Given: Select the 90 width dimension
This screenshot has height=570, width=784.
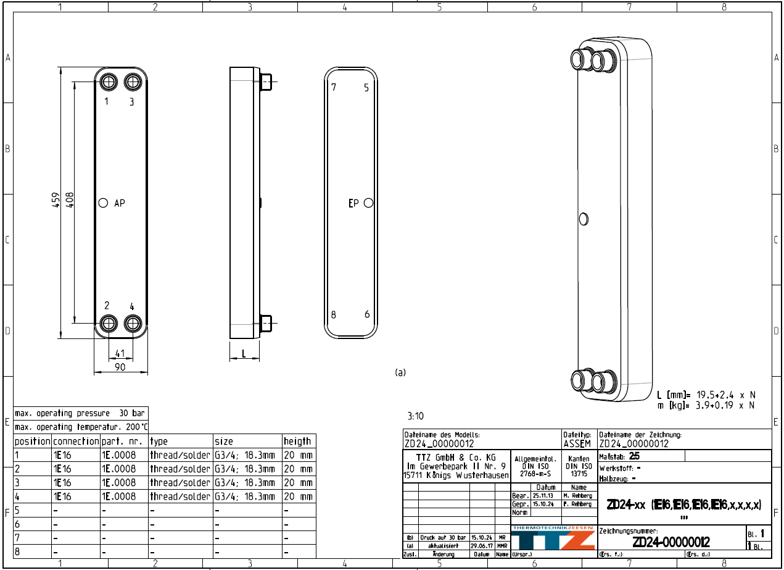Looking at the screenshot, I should pyautogui.click(x=120, y=367).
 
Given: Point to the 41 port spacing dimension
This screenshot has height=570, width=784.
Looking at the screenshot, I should pyautogui.click(x=120, y=354).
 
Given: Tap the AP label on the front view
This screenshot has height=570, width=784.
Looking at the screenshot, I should pyautogui.click(x=119, y=203).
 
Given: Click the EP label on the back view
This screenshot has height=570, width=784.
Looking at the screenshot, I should pyautogui.click(x=353, y=203).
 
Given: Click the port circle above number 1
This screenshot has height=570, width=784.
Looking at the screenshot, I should pyautogui.click(x=109, y=82).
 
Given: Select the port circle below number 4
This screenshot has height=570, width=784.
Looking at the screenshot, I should pyautogui.click(x=133, y=323).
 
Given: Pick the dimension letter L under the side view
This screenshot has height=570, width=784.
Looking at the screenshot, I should pyautogui.click(x=244, y=354).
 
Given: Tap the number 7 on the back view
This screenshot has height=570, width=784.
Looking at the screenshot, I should pyautogui.click(x=334, y=87).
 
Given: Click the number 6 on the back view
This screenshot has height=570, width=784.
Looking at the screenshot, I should pyautogui.click(x=367, y=314).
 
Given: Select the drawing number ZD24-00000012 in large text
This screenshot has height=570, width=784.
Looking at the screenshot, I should pyautogui.click(x=671, y=542).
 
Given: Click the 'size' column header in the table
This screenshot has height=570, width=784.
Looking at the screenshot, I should pyautogui.click(x=224, y=442).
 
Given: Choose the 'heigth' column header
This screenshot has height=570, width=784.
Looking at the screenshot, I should pyautogui.click(x=297, y=442).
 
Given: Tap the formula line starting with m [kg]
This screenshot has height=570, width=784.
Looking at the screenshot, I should pyautogui.click(x=706, y=405).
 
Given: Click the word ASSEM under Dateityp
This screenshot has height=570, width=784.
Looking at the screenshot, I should pyautogui.click(x=577, y=443).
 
